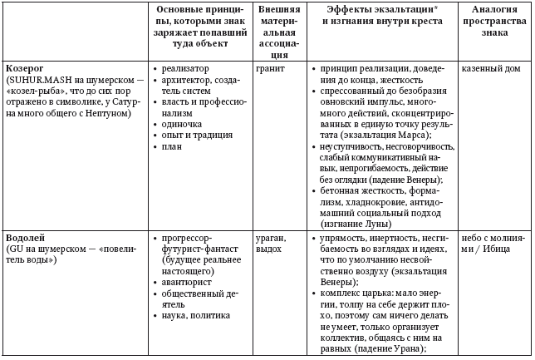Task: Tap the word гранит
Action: (272, 68)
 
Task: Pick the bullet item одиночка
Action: (183, 123)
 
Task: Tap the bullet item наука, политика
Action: (197, 316)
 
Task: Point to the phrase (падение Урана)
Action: (390, 350)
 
